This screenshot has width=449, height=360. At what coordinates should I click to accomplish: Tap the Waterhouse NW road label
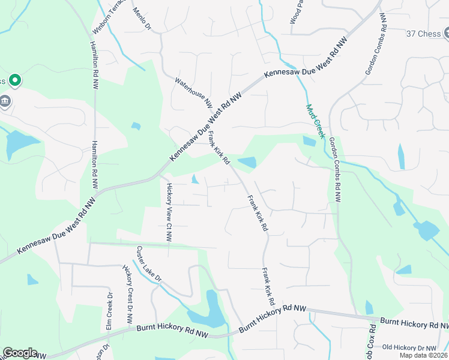pyautogui.click(x=194, y=91)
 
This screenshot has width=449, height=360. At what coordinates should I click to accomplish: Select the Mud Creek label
pyautogui.click(x=315, y=121)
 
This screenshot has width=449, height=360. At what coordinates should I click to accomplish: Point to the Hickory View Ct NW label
pyautogui.click(x=169, y=212)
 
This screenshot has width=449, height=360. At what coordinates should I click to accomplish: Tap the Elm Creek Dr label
pyautogui.click(x=109, y=311)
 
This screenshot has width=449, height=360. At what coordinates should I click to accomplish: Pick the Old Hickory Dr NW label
pyautogui.click(x=409, y=348)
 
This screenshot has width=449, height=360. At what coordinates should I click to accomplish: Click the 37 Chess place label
pyautogui.click(x=424, y=34)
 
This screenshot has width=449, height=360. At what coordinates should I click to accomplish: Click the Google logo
pyautogui.click(x=20, y=353)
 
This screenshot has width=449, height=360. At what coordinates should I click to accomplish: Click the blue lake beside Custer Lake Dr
pyautogui.click(x=208, y=312)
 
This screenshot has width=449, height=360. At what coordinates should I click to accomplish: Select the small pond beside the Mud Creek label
pyautogui.click(x=309, y=141)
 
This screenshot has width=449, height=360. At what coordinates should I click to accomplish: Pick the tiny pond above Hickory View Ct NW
pyautogui.click(x=195, y=179)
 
